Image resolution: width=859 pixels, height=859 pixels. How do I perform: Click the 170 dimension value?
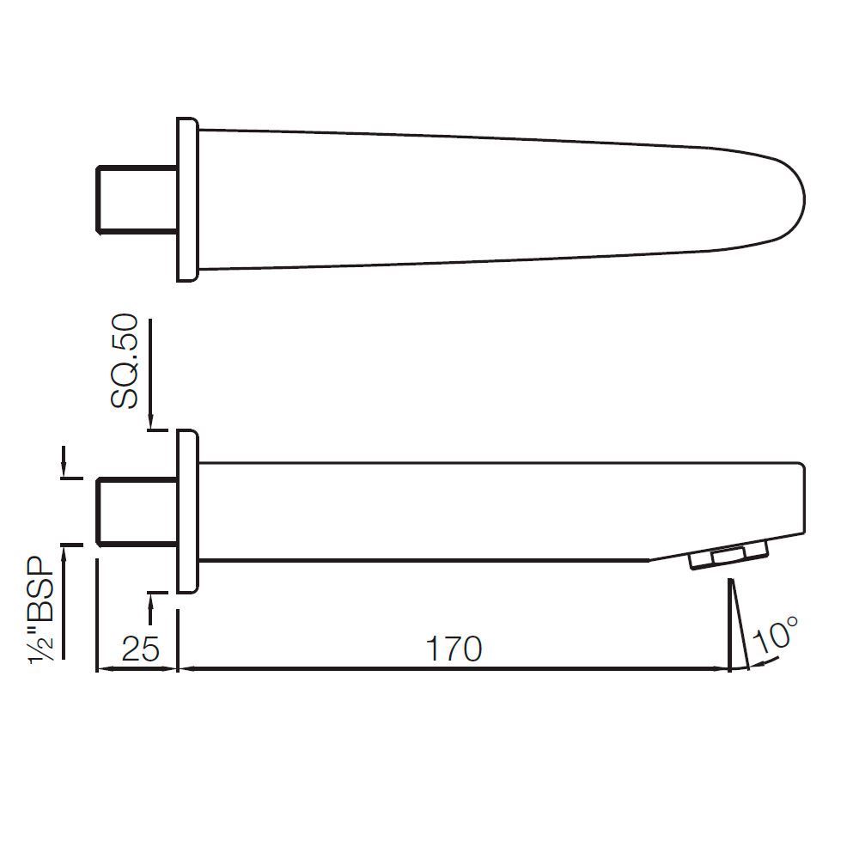[454, 649]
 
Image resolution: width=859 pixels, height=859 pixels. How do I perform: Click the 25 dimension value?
[136, 649]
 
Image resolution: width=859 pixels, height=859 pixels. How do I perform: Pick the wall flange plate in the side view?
[187, 512]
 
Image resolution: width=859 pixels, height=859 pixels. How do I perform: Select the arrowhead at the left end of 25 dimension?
[103, 669]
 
